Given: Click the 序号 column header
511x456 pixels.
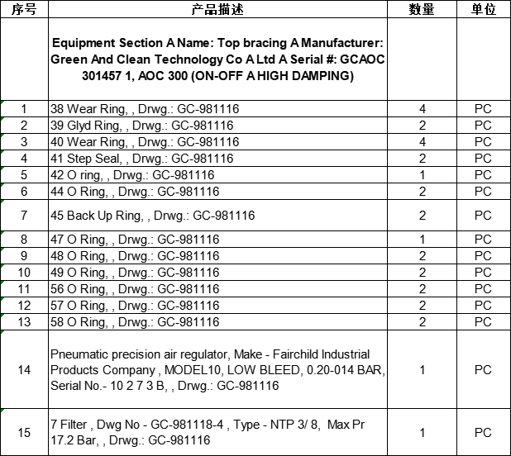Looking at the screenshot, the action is pos(24,10).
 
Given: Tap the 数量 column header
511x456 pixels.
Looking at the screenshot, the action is pos(423,10).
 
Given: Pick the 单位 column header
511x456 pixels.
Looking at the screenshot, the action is pos(483,10).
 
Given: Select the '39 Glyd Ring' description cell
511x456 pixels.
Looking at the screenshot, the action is pos(142,126).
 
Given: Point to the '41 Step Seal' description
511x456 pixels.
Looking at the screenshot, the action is pos(142,159).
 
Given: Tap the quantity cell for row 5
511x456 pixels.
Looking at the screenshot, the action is pos(423,175).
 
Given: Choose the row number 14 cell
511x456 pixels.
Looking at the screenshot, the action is pos(24,370).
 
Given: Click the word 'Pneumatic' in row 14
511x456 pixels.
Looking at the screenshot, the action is pos(79,354).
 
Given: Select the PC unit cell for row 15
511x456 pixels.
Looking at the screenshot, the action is pos(483,432).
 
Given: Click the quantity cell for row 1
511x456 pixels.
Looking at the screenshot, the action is pos(423,109).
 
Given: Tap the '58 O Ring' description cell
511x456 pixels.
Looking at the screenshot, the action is pos(135,321).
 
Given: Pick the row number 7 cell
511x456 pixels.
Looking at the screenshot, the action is pos(24,216).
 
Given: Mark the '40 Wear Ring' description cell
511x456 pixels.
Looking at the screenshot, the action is pos(145,142).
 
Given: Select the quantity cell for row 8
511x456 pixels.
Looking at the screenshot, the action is pos(423,240).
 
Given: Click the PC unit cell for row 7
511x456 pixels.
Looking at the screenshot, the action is pos(483,216).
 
